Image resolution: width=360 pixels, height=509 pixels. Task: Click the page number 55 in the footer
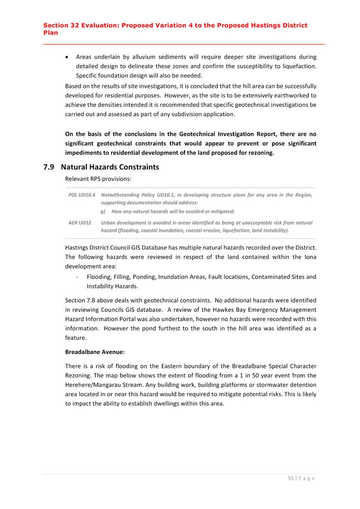pyautogui.click(x=291, y=478)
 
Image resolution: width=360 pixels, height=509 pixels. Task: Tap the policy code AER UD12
pyautogui.click(x=80, y=223)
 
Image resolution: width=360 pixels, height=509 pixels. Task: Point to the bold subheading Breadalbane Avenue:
pyautogui.click(x=92, y=352)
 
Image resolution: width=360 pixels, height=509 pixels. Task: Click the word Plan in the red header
pyautogui.click(x=50, y=32)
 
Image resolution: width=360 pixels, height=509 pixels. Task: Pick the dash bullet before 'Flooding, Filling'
pyautogui.click(x=77, y=277)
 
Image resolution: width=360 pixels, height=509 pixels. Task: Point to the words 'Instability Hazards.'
pyautogui.click(x=112, y=286)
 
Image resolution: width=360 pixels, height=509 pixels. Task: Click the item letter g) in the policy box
pyautogui.click(x=103, y=211)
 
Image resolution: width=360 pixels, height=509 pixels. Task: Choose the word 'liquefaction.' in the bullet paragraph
pyautogui.click(x=299, y=66)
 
